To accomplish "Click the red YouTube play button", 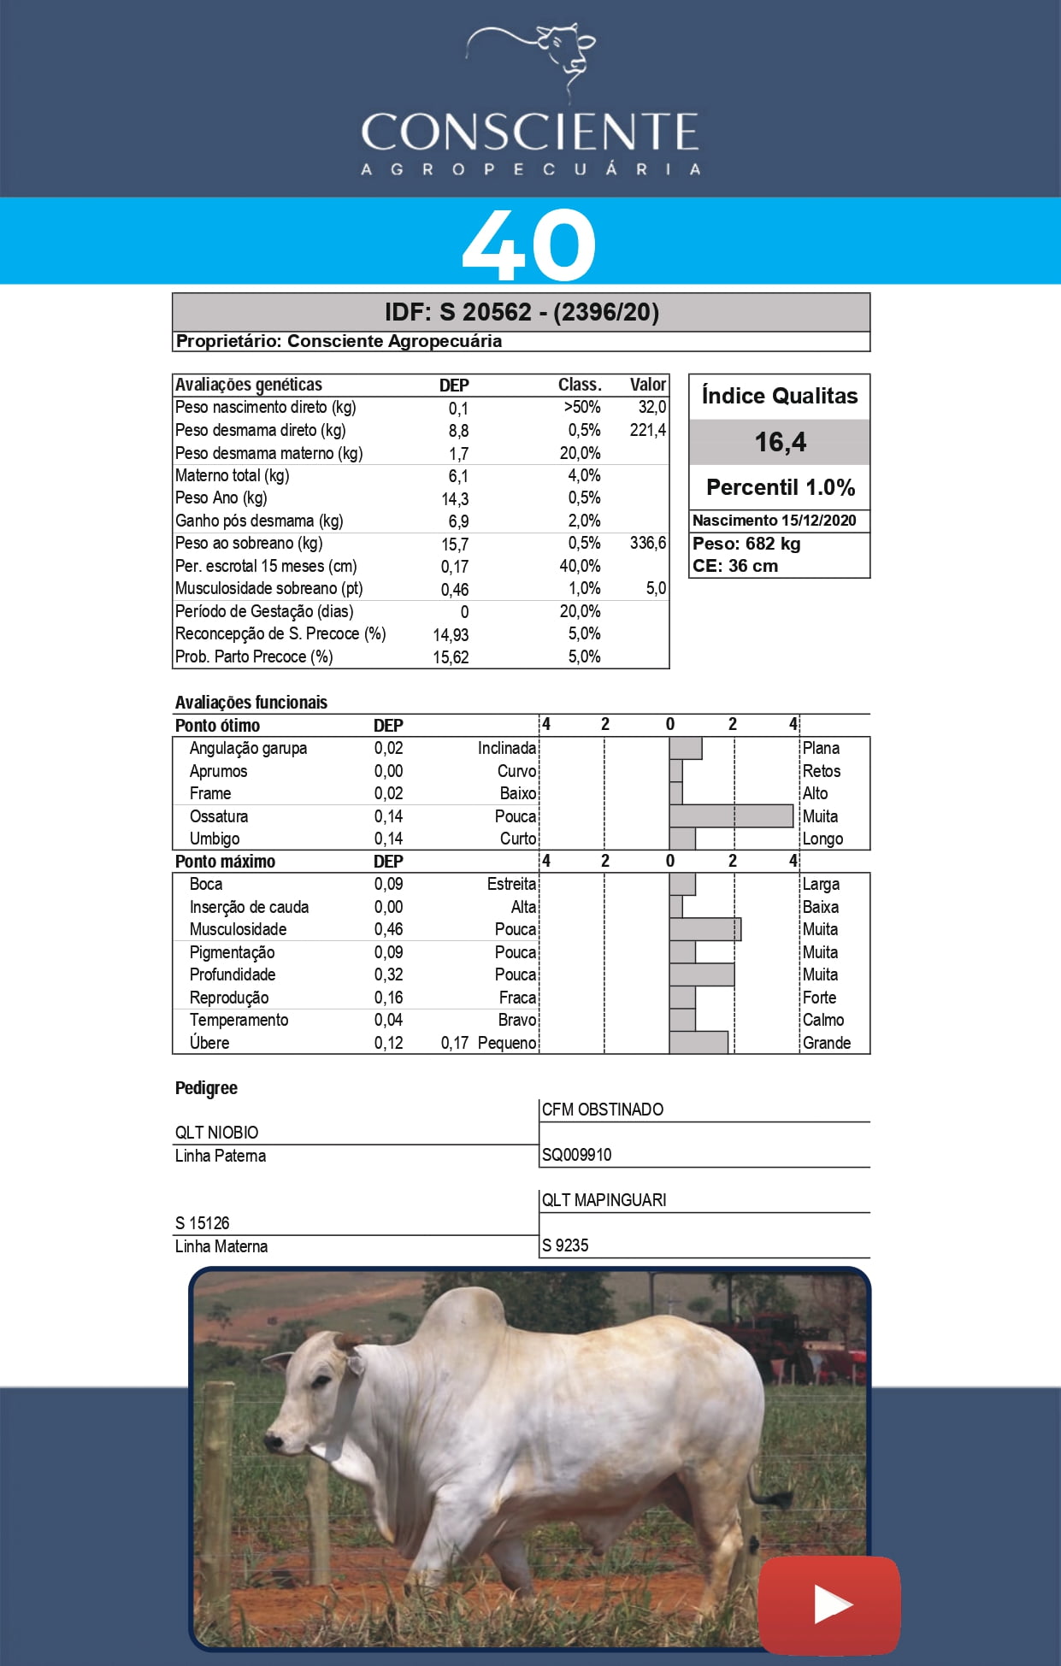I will tap(829, 1604).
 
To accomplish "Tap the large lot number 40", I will tap(528, 245).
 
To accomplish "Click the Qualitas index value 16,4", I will tap(780, 442).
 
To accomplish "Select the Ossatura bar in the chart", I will tap(731, 816).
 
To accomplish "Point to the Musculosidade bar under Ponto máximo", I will tap(705, 929).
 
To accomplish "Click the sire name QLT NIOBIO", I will tap(216, 1133).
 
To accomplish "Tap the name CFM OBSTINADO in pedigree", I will tap(602, 1110).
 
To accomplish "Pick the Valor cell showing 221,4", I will tap(647, 430).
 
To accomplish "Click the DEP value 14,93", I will tap(451, 634).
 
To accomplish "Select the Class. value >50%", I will tap(581, 408).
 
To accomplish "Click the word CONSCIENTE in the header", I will tap(529, 132).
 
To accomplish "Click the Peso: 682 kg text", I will tap(746, 544).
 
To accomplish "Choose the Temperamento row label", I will tap(239, 1020).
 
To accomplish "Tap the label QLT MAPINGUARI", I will tap(604, 1200).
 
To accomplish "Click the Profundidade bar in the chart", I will tap(702, 974).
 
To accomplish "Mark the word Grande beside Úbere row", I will tap(826, 1043).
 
